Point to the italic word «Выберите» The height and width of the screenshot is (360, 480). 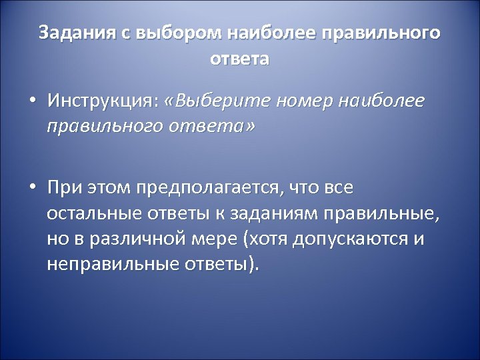click(x=217, y=101)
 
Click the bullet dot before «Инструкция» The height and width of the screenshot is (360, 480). click(x=32, y=103)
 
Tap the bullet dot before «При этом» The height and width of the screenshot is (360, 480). click(x=32, y=188)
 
